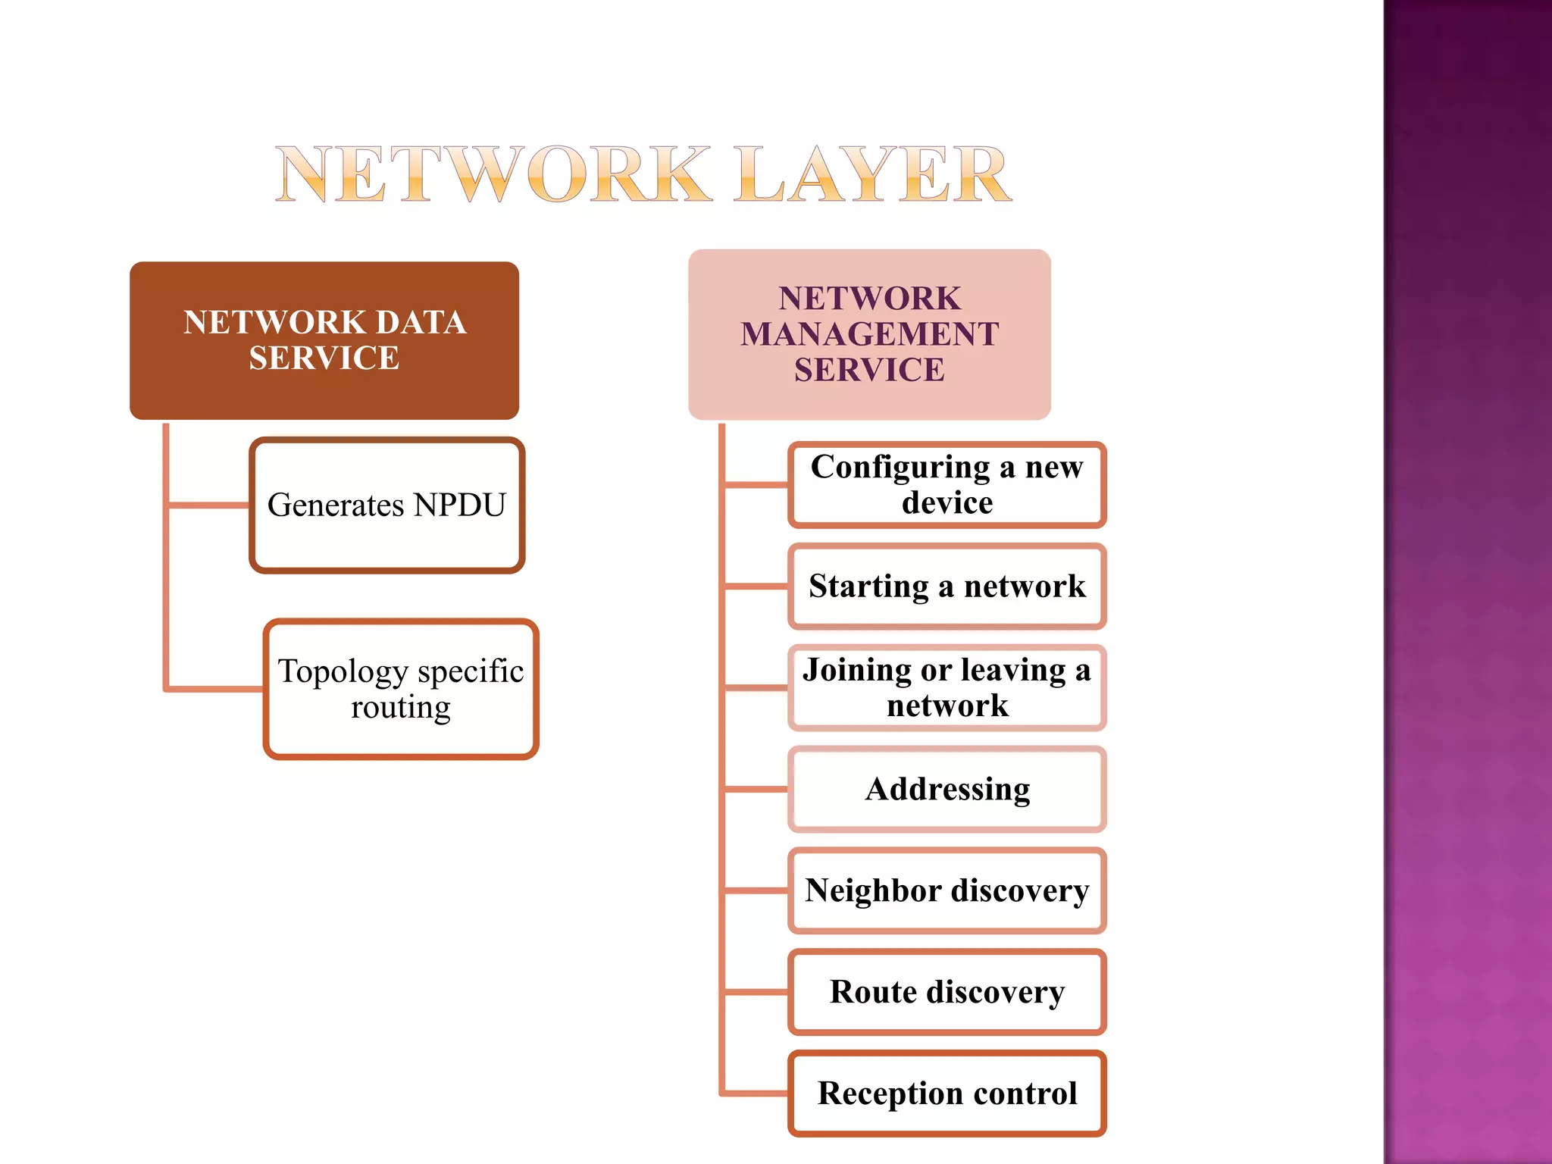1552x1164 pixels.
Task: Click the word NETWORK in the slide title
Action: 493,176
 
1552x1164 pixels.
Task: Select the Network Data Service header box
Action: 324,340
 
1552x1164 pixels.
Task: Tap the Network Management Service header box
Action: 869,334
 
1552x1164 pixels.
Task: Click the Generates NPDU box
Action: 386,505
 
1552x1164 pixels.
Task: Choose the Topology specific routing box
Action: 401,689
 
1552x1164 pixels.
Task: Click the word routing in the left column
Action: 401,708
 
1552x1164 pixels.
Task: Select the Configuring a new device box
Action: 947,485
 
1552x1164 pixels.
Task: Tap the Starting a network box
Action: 947,587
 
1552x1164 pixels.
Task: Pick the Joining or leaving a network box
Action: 947,687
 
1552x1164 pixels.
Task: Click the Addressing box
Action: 947,789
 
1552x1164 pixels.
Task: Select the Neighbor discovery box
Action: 947,890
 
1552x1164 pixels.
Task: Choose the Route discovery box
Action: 947,992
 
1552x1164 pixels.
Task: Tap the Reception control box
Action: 947,1094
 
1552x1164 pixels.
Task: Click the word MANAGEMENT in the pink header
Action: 869,334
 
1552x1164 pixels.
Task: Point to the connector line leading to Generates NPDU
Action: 208,505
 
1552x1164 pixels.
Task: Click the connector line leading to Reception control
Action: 755,1094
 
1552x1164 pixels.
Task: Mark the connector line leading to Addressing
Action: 755,789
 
